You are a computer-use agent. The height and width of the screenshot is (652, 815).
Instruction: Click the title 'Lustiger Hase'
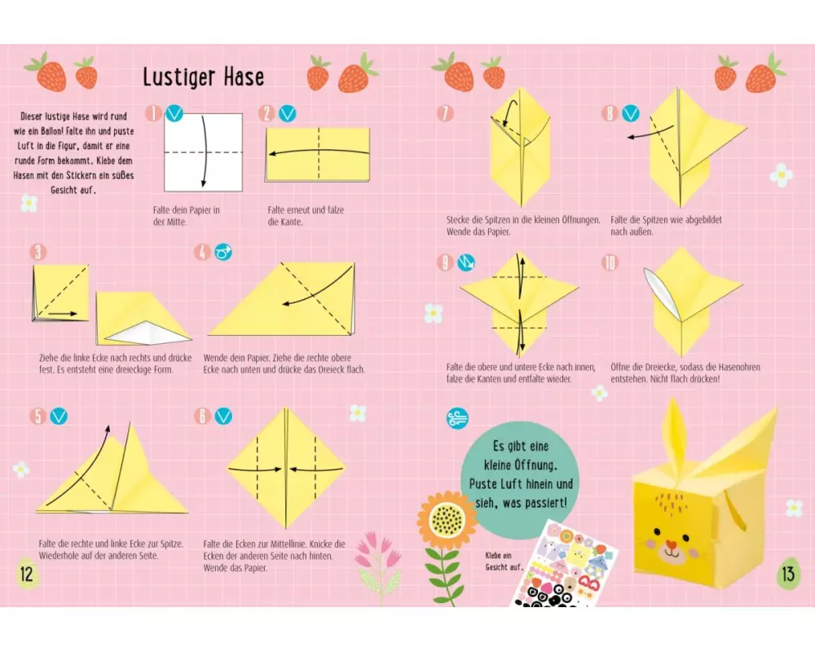pyautogui.click(x=203, y=77)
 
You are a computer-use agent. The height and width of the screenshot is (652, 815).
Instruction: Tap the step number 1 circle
pyautogui.click(x=153, y=112)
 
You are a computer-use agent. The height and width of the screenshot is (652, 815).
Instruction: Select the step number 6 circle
pyautogui.click(x=202, y=416)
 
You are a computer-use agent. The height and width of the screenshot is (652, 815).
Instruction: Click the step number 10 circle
pyautogui.click(x=610, y=262)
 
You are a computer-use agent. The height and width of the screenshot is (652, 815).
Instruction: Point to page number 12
pyautogui.click(x=27, y=574)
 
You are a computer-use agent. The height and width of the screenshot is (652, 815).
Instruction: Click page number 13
pyautogui.click(x=788, y=574)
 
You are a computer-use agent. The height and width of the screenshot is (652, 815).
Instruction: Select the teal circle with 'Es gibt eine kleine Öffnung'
pyautogui.click(x=520, y=474)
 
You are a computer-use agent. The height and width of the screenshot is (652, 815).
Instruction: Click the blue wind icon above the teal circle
pyautogui.click(x=457, y=419)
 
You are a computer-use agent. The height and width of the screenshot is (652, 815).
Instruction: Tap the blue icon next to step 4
pyautogui.click(x=223, y=253)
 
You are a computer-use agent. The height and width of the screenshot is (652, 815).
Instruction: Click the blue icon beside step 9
pyautogui.click(x=466, y=262)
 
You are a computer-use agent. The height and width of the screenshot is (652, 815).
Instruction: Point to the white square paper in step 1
pyautogui.click(x=203, y=152)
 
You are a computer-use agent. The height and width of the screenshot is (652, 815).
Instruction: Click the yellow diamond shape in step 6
pyautogui.click(x=286, y=469)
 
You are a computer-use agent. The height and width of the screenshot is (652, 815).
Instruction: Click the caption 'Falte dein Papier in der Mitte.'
pyautogui.click(x=186, y=216)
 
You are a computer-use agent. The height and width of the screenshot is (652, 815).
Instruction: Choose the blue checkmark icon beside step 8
pyautogui.click(x=631, y=113)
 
